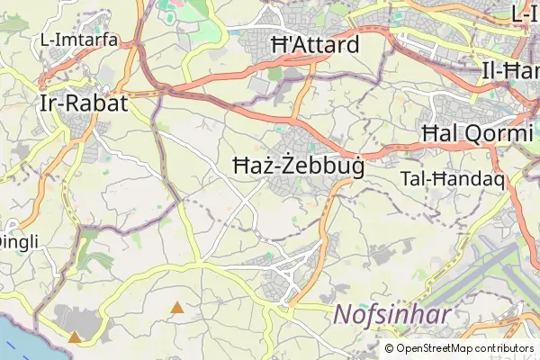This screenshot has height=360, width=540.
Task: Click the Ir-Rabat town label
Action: click(84, 103)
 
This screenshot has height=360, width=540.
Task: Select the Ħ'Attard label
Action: click(314, 45)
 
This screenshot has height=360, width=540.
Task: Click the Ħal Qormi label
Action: click(476, 134)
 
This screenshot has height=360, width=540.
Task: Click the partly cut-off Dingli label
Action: click(16, 241)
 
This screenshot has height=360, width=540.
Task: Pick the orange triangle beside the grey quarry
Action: click(75, 337)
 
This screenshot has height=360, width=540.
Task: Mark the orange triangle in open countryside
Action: click(177, 308)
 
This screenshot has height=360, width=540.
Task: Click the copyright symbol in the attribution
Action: click(389, 348)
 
